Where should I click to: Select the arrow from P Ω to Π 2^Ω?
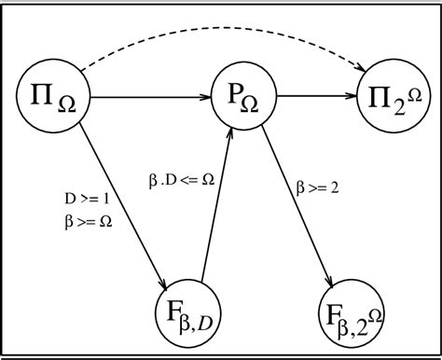coord(312,95)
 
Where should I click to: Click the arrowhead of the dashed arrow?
coord(361,67)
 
